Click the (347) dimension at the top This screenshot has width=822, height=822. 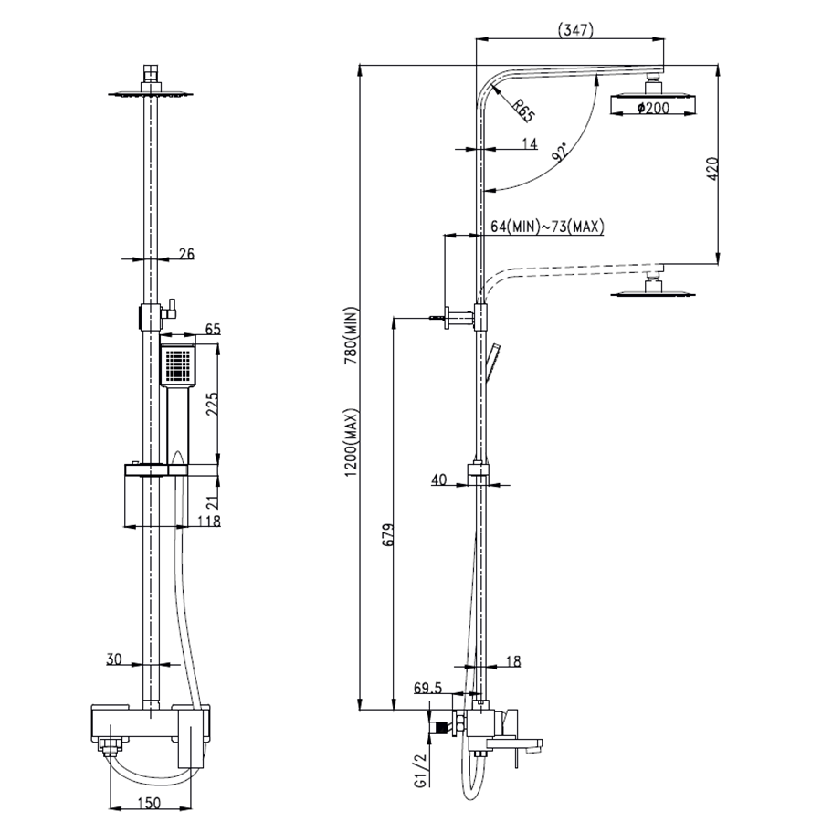575,30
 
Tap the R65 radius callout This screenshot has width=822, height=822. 522,111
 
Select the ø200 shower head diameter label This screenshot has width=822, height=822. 653,108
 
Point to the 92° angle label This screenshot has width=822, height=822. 560,151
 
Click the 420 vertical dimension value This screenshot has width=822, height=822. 711,169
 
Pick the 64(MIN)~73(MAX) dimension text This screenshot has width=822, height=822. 547,227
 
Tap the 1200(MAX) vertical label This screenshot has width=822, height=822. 351,443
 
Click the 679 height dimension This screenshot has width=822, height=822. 388,534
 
